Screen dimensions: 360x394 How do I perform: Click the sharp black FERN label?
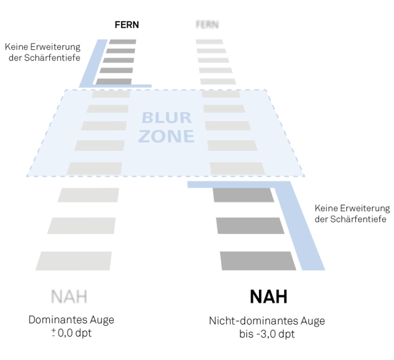pyautogui.click(x=127, y=25)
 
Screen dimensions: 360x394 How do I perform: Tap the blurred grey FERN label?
pyautogui.click(x=207, y=25)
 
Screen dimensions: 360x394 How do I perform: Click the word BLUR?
pyautogui.click(x=167, y=118)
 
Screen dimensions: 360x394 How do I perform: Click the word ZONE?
pyautogui.click(x=168, y=136)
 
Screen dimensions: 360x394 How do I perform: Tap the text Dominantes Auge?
pyautogui.click(x=71, y=320)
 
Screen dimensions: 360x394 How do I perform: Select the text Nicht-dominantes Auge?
pyautogui.click(x=267, y=322)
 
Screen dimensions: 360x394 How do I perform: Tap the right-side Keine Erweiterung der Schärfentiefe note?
pyautogui.click(x=352, y=214)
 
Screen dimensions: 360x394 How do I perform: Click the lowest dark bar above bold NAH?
pyautogui.click(x=258, y=261)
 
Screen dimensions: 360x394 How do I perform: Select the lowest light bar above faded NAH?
pyautogui.click(x=74, y=261)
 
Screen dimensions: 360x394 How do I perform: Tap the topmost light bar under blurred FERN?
pyautogui.click(x=210, y=42)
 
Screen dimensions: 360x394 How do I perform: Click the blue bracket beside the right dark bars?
pyautogui.click(x=303, y=226)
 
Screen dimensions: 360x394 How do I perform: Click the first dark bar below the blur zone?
pyautogui.click(x=243, y=195)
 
